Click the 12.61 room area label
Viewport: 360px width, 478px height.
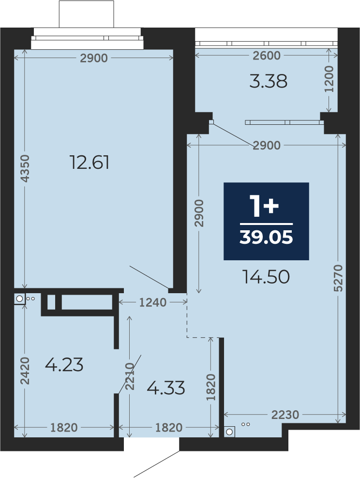[x=90, y=162]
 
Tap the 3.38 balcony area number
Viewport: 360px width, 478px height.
[x=268, y=82]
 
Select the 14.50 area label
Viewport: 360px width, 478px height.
[x=266, y=277]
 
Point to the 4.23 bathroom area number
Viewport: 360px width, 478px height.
[x=64, y=365]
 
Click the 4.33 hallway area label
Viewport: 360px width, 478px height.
[x=166, y=388]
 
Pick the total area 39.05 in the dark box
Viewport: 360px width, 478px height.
[x=266, y=237]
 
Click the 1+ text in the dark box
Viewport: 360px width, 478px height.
[x=264, y=206]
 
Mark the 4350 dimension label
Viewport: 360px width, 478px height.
[x=25, y=168]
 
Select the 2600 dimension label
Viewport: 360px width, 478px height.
[x=267, y=56]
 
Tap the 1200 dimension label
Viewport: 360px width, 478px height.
[x=329, y=79]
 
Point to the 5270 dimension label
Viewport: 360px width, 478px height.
[x=338, y=278]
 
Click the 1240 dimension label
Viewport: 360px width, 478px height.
[x=153, y=302]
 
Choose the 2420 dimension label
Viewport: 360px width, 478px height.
[x=25, y=371]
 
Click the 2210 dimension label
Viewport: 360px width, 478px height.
[x=130, y=376]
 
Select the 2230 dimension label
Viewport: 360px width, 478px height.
[x=285, y=415]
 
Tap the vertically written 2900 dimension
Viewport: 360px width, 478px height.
[x=199, y=213]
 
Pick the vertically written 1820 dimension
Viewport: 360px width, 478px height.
[x=210, y=387]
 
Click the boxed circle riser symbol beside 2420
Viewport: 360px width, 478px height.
[x=19, y=299]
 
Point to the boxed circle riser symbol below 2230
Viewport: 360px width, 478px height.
[x=229, y=432]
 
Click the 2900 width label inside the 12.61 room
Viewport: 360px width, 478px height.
[x=94, y=58]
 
